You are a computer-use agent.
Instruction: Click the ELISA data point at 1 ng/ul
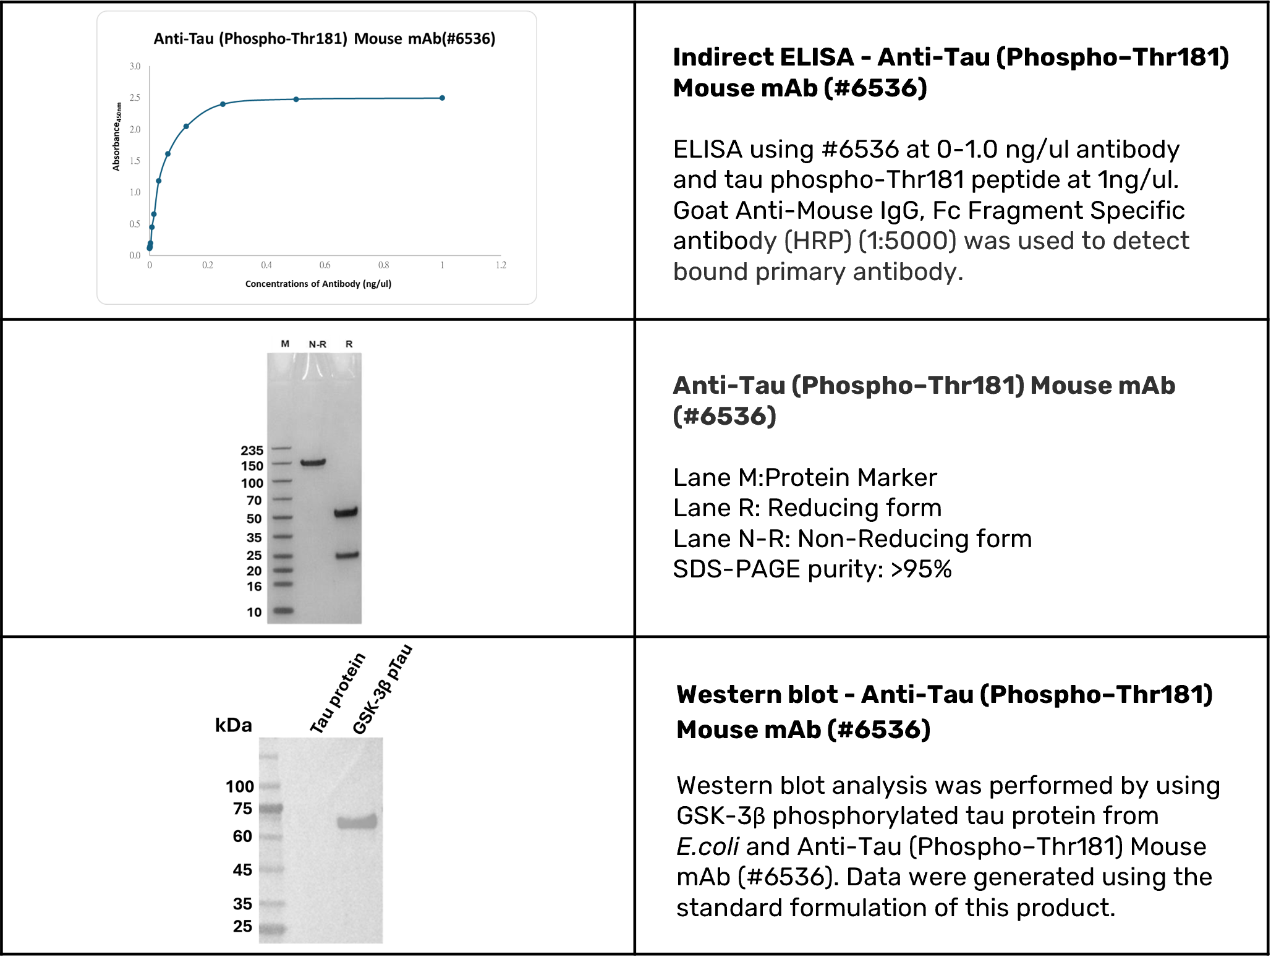pyautogui.click(x=442, y=98)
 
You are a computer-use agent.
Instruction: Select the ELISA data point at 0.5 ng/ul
pyautogui.click(x=296, y=99)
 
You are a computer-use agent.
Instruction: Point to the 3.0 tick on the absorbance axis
pyautogui.click(x=135, y=66)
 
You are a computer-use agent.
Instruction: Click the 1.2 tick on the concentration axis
pyautogui.click(x=501, y=265)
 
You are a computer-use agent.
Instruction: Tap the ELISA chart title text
pyautogui.click(x=325, y=39)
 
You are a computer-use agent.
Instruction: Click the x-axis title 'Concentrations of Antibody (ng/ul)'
pyautogui.click(x=318, y=284)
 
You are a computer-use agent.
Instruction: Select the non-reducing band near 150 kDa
pyautogui.click(x=313, y=462)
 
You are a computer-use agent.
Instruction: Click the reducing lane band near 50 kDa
pyautogui.click(x=346, y=512)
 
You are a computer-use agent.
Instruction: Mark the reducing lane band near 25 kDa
pyautogui.click(x=347, y=555)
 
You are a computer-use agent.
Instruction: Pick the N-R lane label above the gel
pyautogui.click(x=318, y=344)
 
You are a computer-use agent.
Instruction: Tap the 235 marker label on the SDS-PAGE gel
pyautogui.click(x=252, y=450)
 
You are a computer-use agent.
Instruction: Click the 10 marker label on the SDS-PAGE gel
pyautogui.click(x=254, y=612)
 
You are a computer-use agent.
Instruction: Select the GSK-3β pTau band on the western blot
pyautogui.click(x=357, y=822)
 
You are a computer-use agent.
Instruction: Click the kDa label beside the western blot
pyautogui.click(x=233, y=725)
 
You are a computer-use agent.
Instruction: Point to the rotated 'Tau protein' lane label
pyautogui.click(x=338, y=693)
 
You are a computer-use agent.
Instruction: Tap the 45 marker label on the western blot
pyautogui.click(x=242, y=870)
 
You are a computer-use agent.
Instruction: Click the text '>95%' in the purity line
pyautogui.click(x=920, y=569)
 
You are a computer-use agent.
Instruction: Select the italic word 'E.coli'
pyautogui.click(x=707, y=846)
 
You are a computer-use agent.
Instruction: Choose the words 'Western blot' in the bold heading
pyautogui.click(x=757, y=694)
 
